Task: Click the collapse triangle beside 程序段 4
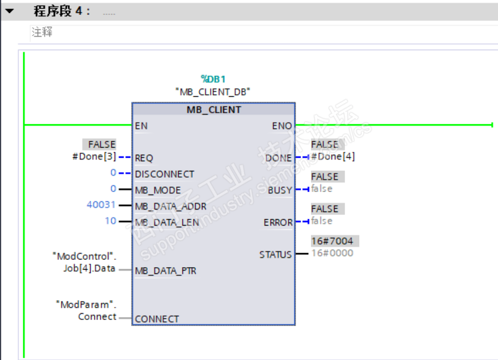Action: click(x=9, y=12)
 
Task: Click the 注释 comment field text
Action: click(x=42, y=32)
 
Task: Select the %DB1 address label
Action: click(x=213, y=79)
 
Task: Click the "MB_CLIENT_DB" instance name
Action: click(x=213, y=92)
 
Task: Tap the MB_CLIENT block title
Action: click(x=213, y=109)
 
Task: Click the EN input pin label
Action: click(x=141, y=125)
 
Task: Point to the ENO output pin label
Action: click(x=282, y=125)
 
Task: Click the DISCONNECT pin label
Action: click(x=164, y=174)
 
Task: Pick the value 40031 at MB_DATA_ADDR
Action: click(x=102, y=205)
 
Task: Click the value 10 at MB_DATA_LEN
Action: click(x=110, y=221)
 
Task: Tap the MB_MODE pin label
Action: click(x=158, y=190)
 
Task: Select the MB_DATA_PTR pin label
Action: click(x=165, y=271)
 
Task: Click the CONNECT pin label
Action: click(x=157, y=319)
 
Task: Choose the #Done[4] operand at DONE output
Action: click(x=333, y=157)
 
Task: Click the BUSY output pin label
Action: click(x=280, y=191)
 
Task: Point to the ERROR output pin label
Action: click(x=278, y=222)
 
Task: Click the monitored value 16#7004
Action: click(x=332, y=241)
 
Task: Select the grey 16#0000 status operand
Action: click(x=332, y=254)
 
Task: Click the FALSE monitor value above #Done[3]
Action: click(x=102, y=144)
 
